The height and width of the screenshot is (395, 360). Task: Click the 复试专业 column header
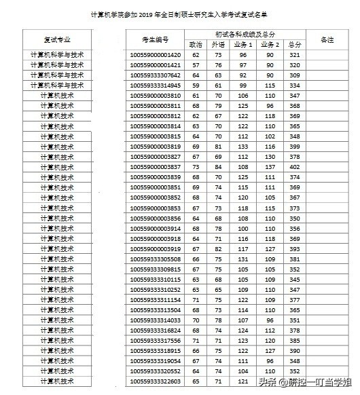(x=58, y=39)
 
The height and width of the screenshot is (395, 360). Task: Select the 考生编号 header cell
(x=156, y=39)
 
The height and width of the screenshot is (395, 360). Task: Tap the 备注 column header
(x=327, y=39)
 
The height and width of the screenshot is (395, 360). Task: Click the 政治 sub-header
(x=196, y=44)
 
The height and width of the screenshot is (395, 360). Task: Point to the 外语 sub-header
(x=219, y=44)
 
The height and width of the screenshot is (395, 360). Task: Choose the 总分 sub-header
(x=294, y=44)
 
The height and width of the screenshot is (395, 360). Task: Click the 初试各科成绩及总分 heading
(x=245, y=34)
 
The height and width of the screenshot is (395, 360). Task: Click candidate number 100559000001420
(x=156, y=54)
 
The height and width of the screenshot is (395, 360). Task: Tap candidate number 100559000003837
(x=156, y=166)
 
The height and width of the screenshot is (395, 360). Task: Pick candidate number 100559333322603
(x=156, y=381)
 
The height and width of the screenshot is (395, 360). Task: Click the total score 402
(x=294, y=166)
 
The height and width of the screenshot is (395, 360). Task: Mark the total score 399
(x=294, y=146)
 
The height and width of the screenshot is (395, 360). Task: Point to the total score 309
(x=294, y=75)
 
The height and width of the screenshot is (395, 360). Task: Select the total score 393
(x=294, y=248)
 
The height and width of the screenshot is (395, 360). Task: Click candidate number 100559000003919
(x=156, y=248)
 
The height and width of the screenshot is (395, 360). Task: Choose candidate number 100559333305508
(x=156, y=259)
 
